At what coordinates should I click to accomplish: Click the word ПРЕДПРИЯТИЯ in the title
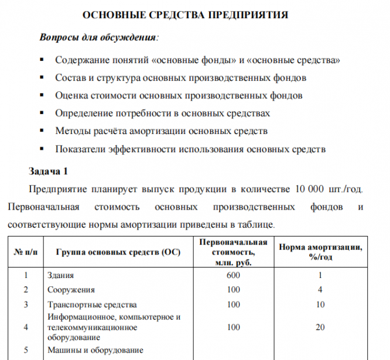pyautogui.click(x=248, y=15)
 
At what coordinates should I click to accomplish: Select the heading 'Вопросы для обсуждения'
pyautogui.click(x=97, y=37)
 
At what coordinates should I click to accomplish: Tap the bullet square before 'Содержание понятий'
pyautogui.click(x=42, y=60)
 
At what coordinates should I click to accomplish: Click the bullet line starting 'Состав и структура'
pyautogui.click(x=180, y=77)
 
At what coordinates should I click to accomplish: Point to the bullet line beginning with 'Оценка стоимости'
pyautogui.click(x=179, y=95)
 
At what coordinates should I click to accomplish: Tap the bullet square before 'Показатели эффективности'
pyautogui.click(x=42, y=149)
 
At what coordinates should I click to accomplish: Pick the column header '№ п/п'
pyautogui.click(x=25, y=252)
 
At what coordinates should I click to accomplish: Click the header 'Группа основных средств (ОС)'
pyautogui.click(x=118, y=252)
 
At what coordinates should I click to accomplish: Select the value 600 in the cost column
pyautogui.click(x=234, y=275)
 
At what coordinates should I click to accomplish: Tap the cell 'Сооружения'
pyautogui.click(x=70, y=290)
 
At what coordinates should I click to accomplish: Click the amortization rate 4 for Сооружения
pyautogui.click(x=320, y=290)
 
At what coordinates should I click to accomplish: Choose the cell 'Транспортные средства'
pyautogui.click(x=91, y=305)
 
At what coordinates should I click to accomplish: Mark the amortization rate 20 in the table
pyautogui.click(x=320, y=327)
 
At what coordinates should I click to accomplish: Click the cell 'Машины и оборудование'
pyautogui.click(x=94, y=350)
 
